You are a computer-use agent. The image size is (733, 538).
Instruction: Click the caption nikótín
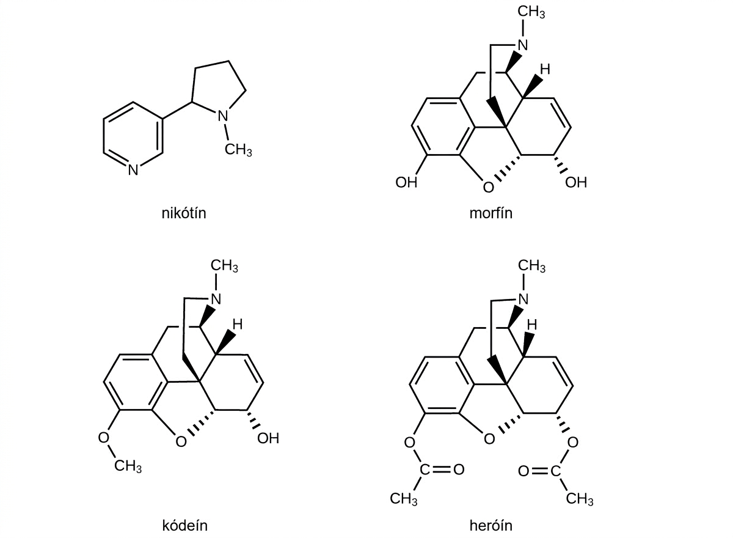pos(184,213)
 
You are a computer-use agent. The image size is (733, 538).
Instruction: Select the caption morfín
pos(491,213)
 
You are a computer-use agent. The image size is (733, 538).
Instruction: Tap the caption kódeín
pos(185,526)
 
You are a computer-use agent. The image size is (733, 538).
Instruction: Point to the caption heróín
pos(491,526)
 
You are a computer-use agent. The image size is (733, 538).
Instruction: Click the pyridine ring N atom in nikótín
pos(133,170)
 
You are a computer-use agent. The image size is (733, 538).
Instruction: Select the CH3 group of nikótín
pos(238,150)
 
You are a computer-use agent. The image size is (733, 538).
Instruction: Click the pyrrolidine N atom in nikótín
pos(222,116)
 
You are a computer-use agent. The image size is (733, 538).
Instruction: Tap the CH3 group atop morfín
pos(531,12)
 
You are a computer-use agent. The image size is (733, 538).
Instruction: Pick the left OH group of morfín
pos(406,182)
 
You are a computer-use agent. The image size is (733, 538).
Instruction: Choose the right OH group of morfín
pos(576,182)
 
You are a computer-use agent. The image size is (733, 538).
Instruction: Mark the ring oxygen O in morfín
pos(488,188)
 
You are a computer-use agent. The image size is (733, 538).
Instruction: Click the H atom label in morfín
pos(545,70)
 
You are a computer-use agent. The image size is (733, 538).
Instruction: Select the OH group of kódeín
pos(268,438)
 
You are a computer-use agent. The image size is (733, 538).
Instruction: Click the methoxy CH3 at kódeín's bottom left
pos(128,466)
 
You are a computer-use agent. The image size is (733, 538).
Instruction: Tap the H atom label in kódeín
pos(238,325)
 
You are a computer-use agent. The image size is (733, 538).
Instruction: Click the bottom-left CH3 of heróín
pos(404,499)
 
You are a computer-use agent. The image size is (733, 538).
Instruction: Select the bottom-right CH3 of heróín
pos(580,499)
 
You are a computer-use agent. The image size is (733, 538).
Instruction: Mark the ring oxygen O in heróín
pos(489,439)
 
